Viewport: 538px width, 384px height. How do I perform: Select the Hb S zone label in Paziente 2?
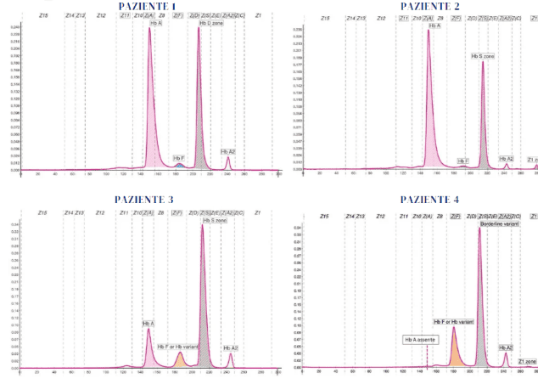coord(483,56)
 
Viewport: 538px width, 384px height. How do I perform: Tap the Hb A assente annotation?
coord(421,339)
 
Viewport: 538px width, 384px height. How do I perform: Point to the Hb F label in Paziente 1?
coord(178,157)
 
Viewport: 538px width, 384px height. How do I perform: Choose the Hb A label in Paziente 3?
coord(148,324)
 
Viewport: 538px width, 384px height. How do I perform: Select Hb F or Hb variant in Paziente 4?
coord(453,322)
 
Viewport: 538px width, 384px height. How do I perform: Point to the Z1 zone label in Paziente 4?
coord(527,361)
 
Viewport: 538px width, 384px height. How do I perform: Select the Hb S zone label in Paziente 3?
coord(215,220)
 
